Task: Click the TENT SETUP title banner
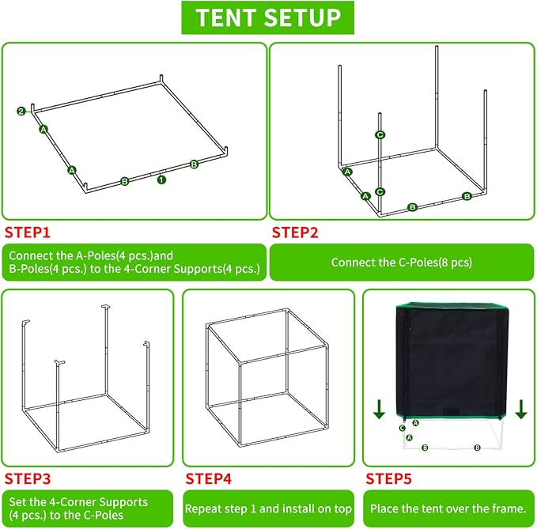[267, 17]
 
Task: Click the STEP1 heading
[28, 232]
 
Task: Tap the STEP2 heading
[295, 232]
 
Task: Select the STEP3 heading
[28, 478]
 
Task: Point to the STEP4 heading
[209, 478]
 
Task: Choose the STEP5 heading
[388, 478]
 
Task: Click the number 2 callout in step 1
[21, 111]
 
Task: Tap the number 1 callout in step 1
[161, 179]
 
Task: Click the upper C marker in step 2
[380, 135]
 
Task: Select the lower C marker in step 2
[380, 191]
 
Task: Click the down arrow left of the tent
[379, 409]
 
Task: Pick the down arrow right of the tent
[521, 409]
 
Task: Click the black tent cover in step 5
[452, 361]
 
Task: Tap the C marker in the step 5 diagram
[403, 428]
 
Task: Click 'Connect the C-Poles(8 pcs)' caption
[402, 263]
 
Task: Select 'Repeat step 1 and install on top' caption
[268, 508]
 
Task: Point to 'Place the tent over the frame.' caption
[448, 508]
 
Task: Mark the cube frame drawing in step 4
[267, 377]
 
